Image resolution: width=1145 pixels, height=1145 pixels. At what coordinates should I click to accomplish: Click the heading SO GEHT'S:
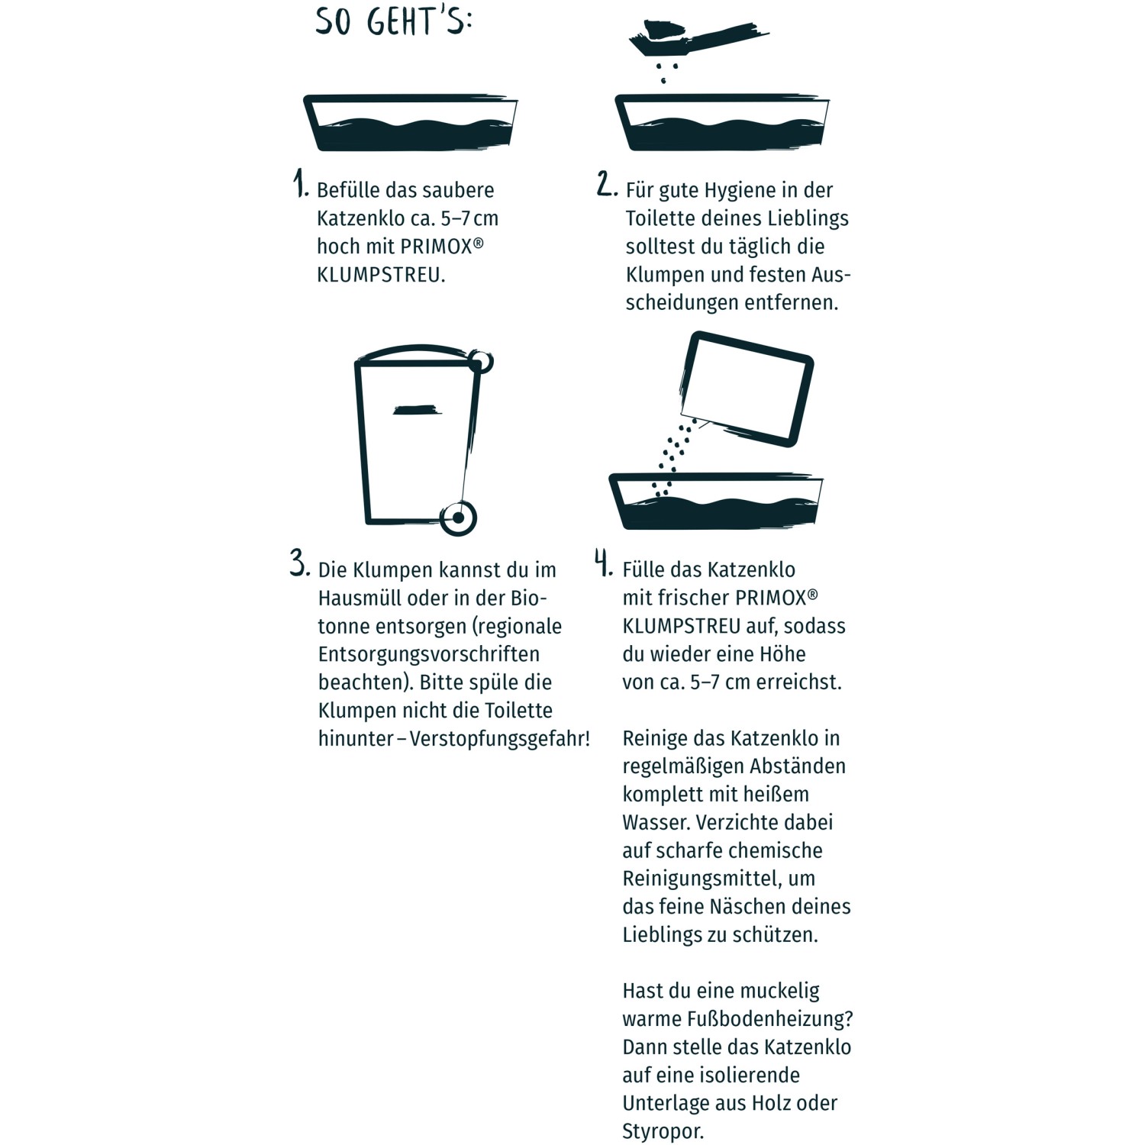(x=394, y=21)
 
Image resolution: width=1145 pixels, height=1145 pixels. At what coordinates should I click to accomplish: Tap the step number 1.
(x=300, y=184)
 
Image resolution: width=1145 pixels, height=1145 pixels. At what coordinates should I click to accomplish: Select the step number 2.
(x=607, y=184)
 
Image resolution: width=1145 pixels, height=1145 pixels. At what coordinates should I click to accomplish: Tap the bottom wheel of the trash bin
(x=458, y=518)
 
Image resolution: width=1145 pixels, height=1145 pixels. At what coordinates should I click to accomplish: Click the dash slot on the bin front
(x=417, y=411)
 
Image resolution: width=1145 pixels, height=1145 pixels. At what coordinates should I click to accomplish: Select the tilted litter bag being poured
(x=746, y=389)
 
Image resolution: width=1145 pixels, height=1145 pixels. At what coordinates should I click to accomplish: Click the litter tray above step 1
(x=410, y=124)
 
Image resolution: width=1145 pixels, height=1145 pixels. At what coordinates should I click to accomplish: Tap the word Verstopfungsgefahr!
(x=500, y=740)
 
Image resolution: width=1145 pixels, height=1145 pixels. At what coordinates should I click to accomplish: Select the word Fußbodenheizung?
(x=770, y=1020)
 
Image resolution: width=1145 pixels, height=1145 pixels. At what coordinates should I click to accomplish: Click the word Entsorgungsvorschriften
(x=429, y=655)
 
